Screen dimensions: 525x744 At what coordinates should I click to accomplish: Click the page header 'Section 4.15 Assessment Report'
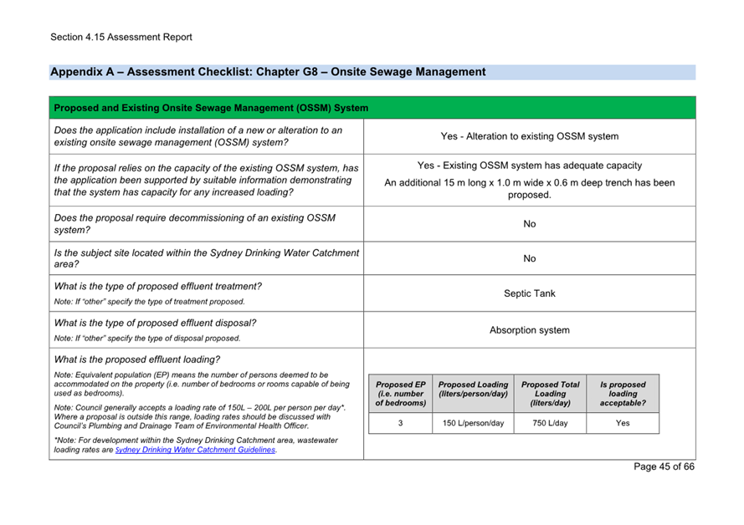point(121,37)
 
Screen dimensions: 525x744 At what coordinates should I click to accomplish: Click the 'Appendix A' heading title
point(268,72)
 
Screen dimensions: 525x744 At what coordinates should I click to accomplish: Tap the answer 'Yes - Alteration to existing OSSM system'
point(529,136)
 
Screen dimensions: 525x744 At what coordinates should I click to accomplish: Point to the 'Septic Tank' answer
point(529,293)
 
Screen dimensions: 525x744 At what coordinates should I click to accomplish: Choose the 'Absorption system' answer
point(529,330)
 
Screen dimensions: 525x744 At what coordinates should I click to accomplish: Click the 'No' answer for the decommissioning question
point(529,224)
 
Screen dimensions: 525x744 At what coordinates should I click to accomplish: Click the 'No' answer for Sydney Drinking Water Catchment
point(529,258)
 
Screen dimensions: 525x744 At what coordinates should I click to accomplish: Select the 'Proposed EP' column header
point(400,394)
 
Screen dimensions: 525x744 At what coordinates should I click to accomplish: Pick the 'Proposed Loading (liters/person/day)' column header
point(473,390)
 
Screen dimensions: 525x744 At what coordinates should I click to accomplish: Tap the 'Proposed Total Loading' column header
point(550,394)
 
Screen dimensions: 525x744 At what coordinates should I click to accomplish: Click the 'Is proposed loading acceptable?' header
point(622,394)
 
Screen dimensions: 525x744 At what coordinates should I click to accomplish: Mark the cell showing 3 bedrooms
point(400,423)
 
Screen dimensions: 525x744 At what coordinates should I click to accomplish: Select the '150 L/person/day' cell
point(473,423)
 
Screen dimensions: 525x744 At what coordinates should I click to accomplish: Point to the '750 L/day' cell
point(550,423)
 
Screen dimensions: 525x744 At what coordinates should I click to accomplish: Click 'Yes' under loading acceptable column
point(622,423)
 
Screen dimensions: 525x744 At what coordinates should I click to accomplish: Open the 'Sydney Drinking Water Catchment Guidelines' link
point(195,450)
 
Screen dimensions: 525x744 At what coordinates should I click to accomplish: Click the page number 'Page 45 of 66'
point(664,466)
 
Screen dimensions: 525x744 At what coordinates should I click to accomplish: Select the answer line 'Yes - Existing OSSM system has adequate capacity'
point(529,166)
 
